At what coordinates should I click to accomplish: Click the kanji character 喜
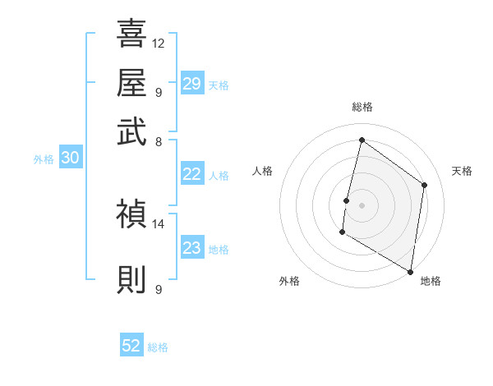(131, 34)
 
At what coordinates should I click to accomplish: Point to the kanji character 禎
(131, 214)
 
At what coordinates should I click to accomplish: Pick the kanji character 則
(131, 279)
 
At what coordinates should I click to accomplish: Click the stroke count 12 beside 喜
(159, 43)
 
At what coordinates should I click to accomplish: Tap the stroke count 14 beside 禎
(159, 223)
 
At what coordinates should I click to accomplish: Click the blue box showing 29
(192, 84)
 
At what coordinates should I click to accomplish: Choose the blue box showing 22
(192, 173)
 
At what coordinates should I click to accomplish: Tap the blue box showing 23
(192, 248)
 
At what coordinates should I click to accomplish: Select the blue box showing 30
(70, 159)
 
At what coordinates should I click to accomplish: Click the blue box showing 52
(131, 346)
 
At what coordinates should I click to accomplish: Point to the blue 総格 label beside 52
(158, 347)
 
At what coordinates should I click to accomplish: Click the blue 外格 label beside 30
(44, 160)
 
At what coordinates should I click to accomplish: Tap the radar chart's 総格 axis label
(362, 107)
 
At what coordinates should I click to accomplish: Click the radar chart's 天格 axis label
(463, 171)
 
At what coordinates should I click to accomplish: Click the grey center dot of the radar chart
(362, 204)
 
